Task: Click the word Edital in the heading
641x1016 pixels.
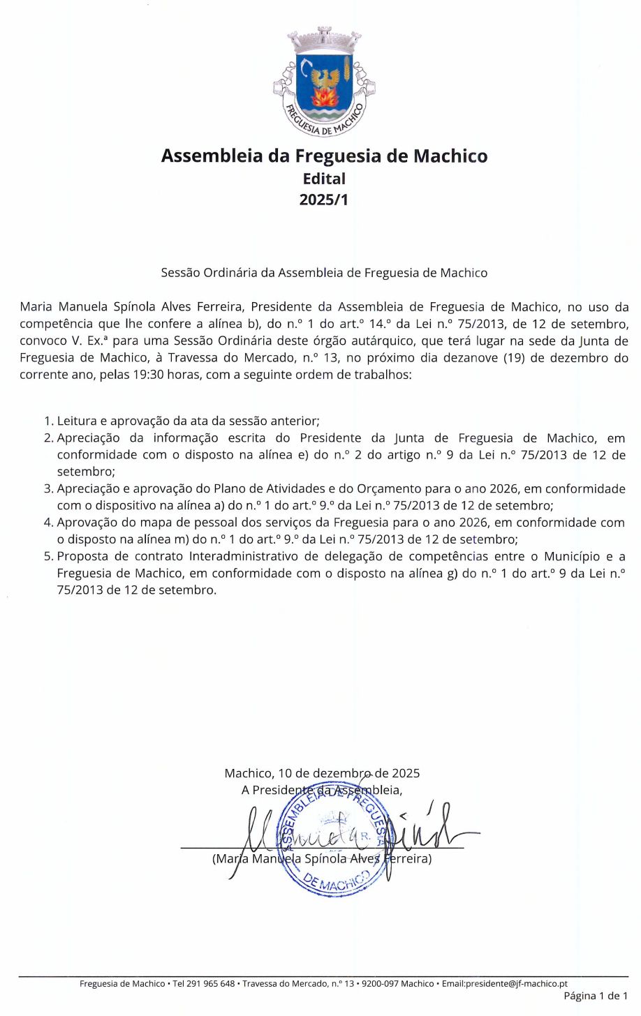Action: point(324,178)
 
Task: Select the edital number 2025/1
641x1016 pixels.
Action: point(323,200)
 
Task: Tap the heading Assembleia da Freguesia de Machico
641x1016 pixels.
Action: point(324,155)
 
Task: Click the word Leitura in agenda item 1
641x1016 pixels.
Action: point(78,421)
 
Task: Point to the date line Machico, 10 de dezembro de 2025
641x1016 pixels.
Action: point(322,772)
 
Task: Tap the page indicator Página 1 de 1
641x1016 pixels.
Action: point(596,996)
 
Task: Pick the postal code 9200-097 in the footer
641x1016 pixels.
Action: point(377,983)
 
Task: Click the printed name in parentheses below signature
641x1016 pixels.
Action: point(322,858)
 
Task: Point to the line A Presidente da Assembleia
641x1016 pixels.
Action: point(322,790)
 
